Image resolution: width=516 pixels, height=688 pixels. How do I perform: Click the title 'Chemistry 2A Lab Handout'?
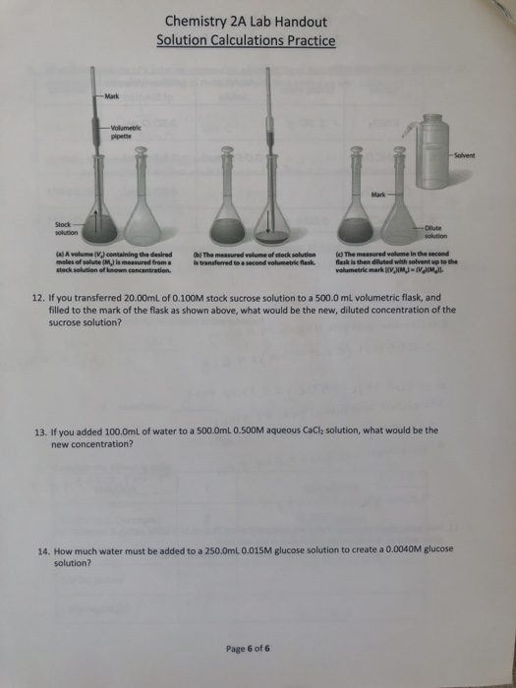(246, 21)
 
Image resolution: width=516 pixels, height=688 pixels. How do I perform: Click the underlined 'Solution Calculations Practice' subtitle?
(246, 40)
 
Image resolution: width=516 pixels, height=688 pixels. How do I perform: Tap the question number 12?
(40, 296)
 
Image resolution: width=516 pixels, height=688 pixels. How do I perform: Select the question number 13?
(40, 430)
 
